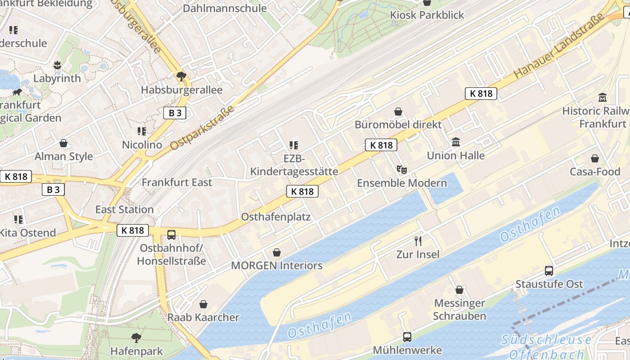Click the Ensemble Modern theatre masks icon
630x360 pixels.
pyautogui.click(x=401, y=170)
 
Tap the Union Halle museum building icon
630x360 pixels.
pyautogui.click(x=456, y=142)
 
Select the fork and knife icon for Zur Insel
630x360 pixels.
pyautogui.click(x=418, y=241)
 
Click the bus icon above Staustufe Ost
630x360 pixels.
pyautogui.click(x=549, y=270)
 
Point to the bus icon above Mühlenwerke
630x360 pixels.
pyautogui.click(x=407, y=337)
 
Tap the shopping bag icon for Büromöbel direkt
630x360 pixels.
pyautogui.click(x=398, y=112)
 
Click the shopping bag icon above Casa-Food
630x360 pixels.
pyautogui.click(x=595, y=158)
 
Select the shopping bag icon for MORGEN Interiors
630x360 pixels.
pyautogui.click(x=277, y=252)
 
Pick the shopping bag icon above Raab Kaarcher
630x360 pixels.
pyautogui.click(x=203, y=304)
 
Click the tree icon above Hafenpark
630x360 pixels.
pyautogui.click(x=136, y=337)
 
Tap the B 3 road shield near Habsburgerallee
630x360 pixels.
pyautogui.click(x=175, y=113)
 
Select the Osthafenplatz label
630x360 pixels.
pyautogui.click(x=276, y=216)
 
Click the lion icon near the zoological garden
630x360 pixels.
pyautogui.click(x=18, y=92)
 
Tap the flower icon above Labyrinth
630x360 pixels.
pyautogui.click(x=57, y=65)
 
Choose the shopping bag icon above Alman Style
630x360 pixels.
pyautogui.click(x=63, y=143)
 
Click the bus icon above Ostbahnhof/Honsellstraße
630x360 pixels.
pyautogui.click(x=171, y=234)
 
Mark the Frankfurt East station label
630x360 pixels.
pyautogui.click(x=177, y=182)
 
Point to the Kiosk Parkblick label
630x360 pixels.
pyautogui.click(x=427, y=15)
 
